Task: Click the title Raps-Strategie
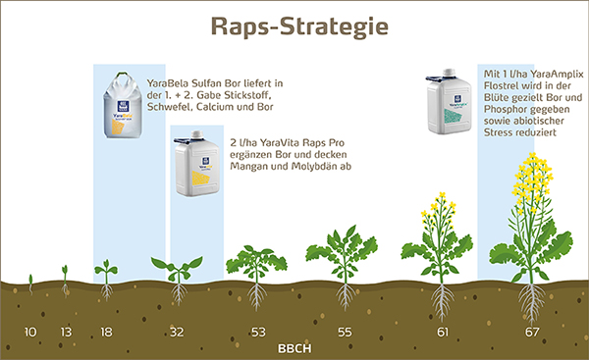[x=294, y=26]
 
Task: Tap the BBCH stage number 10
[x=30, y=333]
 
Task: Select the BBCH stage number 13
[x=66, y=333]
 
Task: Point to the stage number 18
[x=106, y=333]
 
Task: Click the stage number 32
[x=177, y=333]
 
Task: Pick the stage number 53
[x=259, y=333]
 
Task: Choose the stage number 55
[x=345, y=333]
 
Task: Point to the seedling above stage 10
[x=30, y=283]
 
